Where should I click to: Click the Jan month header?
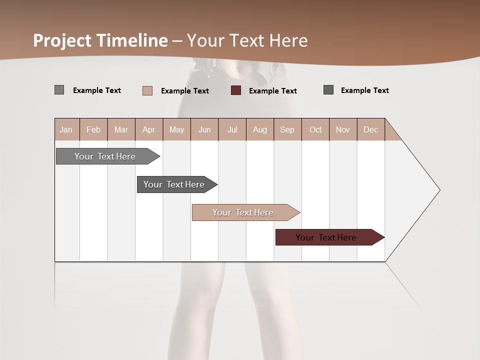coord(66,130)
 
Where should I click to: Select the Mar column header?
coord(121,130)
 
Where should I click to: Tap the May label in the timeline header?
coord(176,130)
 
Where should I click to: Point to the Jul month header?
coord(232,130)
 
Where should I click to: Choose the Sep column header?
coord(287,130)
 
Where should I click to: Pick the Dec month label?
coord(370,130)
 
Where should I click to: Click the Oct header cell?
coord(315,130)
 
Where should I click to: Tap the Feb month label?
coord(93,130)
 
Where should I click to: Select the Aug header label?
coord(259,130)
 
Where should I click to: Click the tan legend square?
coord(147,90)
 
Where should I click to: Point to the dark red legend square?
coord(236,90)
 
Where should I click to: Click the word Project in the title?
coord(62,40)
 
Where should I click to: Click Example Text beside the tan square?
coord(184,91)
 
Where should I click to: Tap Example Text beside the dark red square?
coord(272,91)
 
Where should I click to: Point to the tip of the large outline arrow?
coord(439,190)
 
